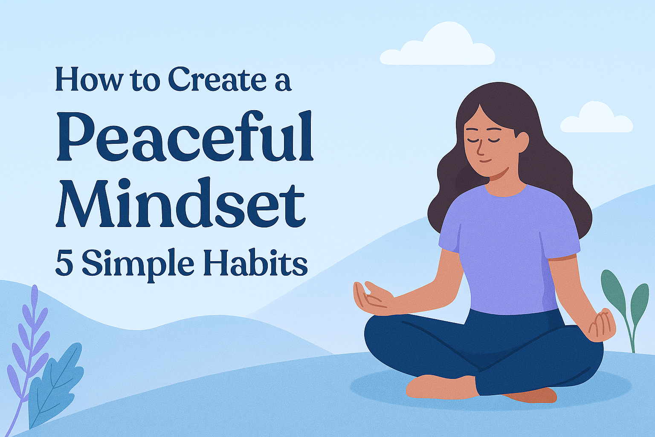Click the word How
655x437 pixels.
point(87,80)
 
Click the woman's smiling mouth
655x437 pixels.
point(485,161)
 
